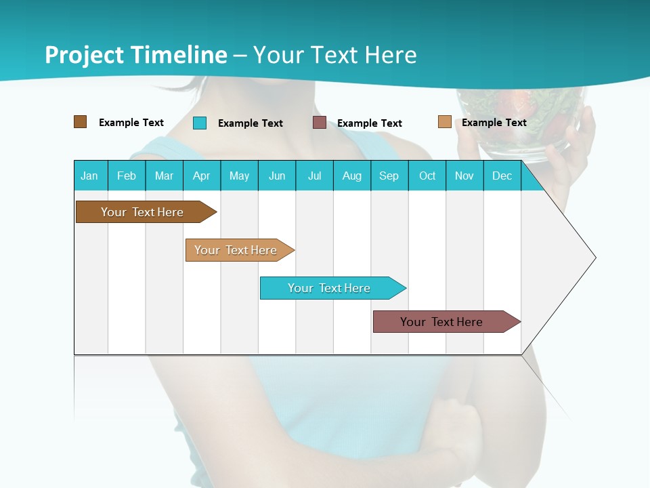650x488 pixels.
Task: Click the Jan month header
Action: click(x=90, y=176)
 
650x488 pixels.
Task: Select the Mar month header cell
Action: click(x=164, y=176)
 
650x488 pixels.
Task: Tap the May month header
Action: click(x=239, y=176)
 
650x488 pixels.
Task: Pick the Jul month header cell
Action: click(x=314, y=176)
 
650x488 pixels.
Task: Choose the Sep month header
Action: click(x=389, y=176)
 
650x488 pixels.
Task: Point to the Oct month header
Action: click(x=427, y=176)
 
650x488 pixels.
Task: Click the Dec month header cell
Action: click(x=502, y=176)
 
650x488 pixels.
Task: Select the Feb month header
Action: click(x=127, y=176)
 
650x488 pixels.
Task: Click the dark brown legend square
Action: click(x=80, y=122)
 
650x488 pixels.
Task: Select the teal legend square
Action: click(x=200, y=123)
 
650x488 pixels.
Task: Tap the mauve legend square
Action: click(x=320, y=123)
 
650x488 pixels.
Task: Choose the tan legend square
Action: click(x=444, y=122)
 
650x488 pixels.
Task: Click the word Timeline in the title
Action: click(x=179, y=55)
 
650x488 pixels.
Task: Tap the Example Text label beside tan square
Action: click(x=494, y=123)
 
